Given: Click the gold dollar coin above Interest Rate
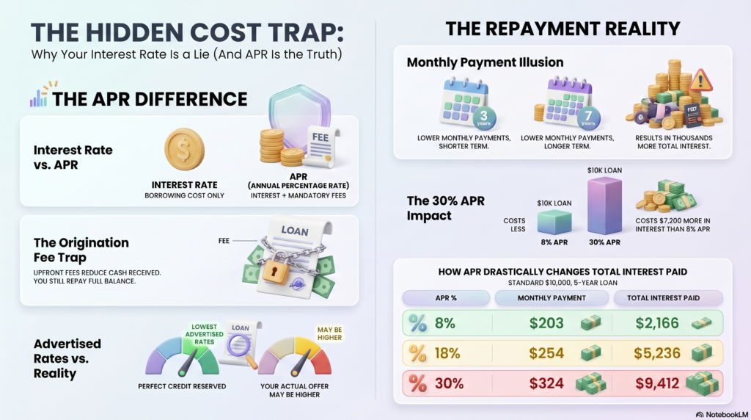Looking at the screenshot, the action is click(x=184, y=149).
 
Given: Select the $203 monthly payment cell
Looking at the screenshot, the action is click(x=546, y=323).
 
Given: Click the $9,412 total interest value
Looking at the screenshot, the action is click(x=657, y=383).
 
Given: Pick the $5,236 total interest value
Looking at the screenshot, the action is click(x=657, y=353).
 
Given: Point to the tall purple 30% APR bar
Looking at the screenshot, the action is click(x=604, y=206).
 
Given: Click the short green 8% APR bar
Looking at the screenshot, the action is click(x=554, y=222).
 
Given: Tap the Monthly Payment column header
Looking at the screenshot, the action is click(x=552, y=297).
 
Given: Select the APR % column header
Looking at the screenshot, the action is click(x=446, y=297).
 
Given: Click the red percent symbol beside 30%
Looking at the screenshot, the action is click(x=417, y=383).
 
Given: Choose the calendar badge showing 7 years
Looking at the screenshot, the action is click(x=588, y=117).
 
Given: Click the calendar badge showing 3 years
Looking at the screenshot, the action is click(x=484, y=117).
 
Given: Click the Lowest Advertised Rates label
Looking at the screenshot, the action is click(x=204, y=334).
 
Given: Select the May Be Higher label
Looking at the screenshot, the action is click(x=329, y=333).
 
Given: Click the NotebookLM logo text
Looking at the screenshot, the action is click(x=722, y=414).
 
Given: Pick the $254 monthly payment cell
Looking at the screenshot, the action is click(x=546, y=353).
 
